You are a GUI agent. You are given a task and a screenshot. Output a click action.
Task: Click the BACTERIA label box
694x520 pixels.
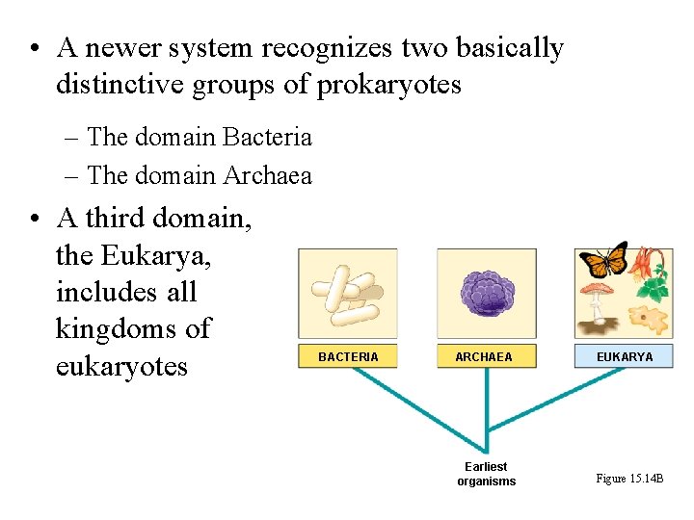pyautogui.click(x=348, y=356)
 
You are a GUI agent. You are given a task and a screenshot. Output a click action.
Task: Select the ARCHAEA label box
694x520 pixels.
pyautogui.click(x=486, y=356)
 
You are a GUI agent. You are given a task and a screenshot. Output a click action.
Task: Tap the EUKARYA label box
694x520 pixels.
pyautogui.click(x=624, y=356)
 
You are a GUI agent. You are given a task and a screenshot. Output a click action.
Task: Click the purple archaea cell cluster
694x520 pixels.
pyautogui.click(x=487, y=294)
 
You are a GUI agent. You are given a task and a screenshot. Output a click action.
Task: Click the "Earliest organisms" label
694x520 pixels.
pyautogui.click(x=486, y=474)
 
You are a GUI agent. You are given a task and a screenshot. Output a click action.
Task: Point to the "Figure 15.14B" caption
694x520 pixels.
pyautogui.click(x=629, y=479)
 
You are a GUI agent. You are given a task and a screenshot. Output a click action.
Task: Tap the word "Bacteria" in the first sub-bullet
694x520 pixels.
pyautogui.click(x=268, y=138)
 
